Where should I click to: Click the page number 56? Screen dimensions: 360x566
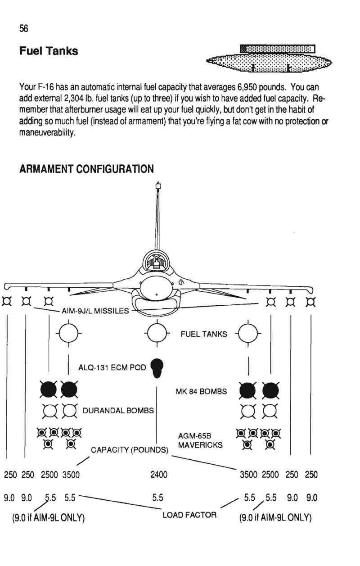pos(24,28)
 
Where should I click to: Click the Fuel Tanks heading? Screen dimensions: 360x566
pos(49,51)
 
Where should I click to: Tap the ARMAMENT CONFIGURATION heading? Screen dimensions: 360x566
pos(86,169)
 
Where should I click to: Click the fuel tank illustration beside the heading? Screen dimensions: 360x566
pos(269,59)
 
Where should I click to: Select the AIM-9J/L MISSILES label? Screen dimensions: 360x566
pos(95,311)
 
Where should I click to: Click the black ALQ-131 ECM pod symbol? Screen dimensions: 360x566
pos(157,368)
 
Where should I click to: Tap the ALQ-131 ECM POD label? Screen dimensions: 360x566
pos(112,367)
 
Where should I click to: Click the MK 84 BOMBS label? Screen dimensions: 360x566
pos(201,391)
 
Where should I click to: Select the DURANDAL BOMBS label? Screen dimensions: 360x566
pos(118,410)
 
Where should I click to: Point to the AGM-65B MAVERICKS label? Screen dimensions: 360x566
pos(200,440)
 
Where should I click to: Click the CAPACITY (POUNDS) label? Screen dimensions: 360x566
pos(130,450)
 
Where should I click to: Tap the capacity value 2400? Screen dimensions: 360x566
pos(159,475)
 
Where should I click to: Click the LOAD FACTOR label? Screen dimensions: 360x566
pos(189,515)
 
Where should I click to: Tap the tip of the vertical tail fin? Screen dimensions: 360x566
pos(158,182)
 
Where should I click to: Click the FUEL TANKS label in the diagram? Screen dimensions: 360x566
pos(204,334)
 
